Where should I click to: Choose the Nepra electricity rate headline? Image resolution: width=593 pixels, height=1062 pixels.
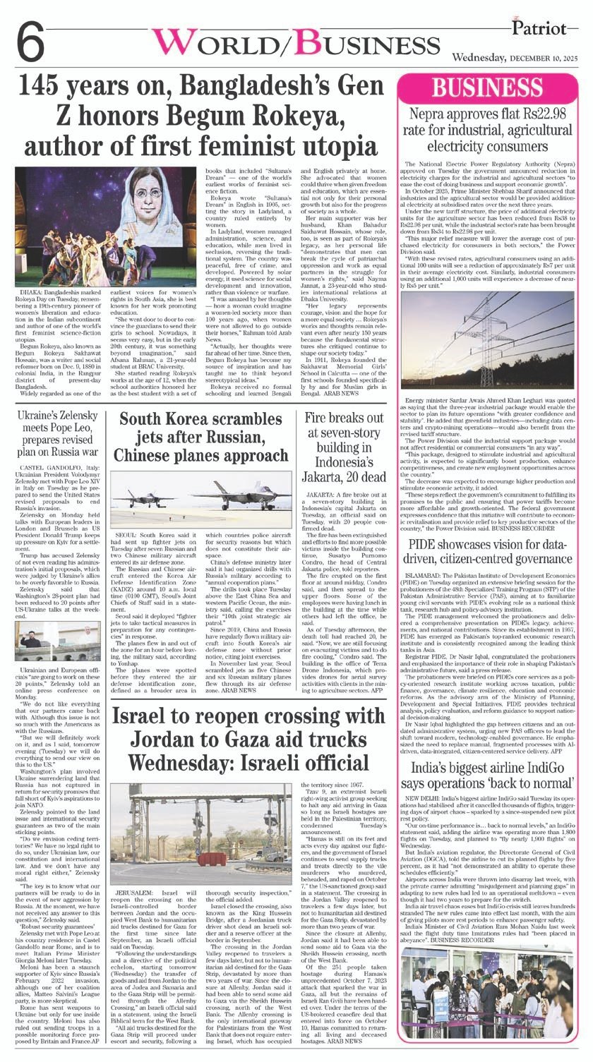pyautogui.click(x=491, y=131)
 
